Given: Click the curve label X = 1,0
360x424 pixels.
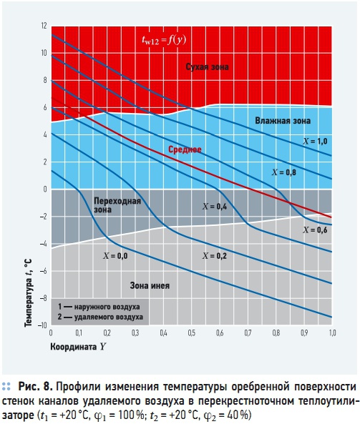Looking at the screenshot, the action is [x=315, y=141].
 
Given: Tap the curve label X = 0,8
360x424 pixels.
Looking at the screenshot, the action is [x=284, y=172].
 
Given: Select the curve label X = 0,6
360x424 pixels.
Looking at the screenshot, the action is [x=315, y=230].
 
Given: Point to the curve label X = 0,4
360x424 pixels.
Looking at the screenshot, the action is [x=215, y=207].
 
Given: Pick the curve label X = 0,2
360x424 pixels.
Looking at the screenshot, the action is [x=215, y=256].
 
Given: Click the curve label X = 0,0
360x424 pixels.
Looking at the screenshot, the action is [x=115, y=256].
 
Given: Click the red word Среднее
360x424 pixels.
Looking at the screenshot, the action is [x=185, y=149].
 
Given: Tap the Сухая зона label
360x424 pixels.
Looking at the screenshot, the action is [x=207, y=66].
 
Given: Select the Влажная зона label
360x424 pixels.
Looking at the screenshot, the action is [x=283, y=121].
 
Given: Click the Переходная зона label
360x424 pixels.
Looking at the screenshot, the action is [x=117, y=205].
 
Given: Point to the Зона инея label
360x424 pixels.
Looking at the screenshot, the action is [x=150, y=285].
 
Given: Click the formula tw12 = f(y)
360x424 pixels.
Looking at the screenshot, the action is [x=164, y=40].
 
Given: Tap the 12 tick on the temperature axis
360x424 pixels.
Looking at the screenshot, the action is [x=44, y=26].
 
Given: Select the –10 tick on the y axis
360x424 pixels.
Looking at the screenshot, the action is [x=42, y=325].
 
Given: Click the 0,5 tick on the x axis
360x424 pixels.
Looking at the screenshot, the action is [x=191, y=333].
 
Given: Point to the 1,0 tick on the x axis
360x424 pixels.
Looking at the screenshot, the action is [x=332, y=333].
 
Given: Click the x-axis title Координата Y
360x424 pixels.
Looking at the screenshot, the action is [x=78, y=347].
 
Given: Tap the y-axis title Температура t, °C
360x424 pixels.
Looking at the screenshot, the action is [x=28, y=293].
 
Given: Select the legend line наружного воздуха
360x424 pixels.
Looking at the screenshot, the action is [x=99, y=307].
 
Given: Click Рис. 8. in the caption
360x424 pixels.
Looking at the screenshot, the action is [x=36, y=387].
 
